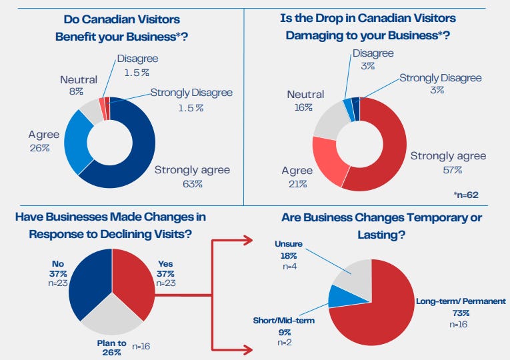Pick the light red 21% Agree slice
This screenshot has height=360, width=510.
(x=329, y=161)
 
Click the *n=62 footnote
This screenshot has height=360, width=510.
(x=466, y=195)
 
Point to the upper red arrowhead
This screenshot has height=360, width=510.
(x=248, y=240)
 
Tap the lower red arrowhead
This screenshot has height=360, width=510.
(x=248, y=349)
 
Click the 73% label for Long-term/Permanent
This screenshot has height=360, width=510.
(x=461, y=313)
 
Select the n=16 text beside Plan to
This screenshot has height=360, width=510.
(x=141, y=347)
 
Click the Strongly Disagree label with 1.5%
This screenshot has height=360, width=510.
(x=191, y=93)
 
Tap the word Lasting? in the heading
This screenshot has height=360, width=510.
(x=381, y=235)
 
